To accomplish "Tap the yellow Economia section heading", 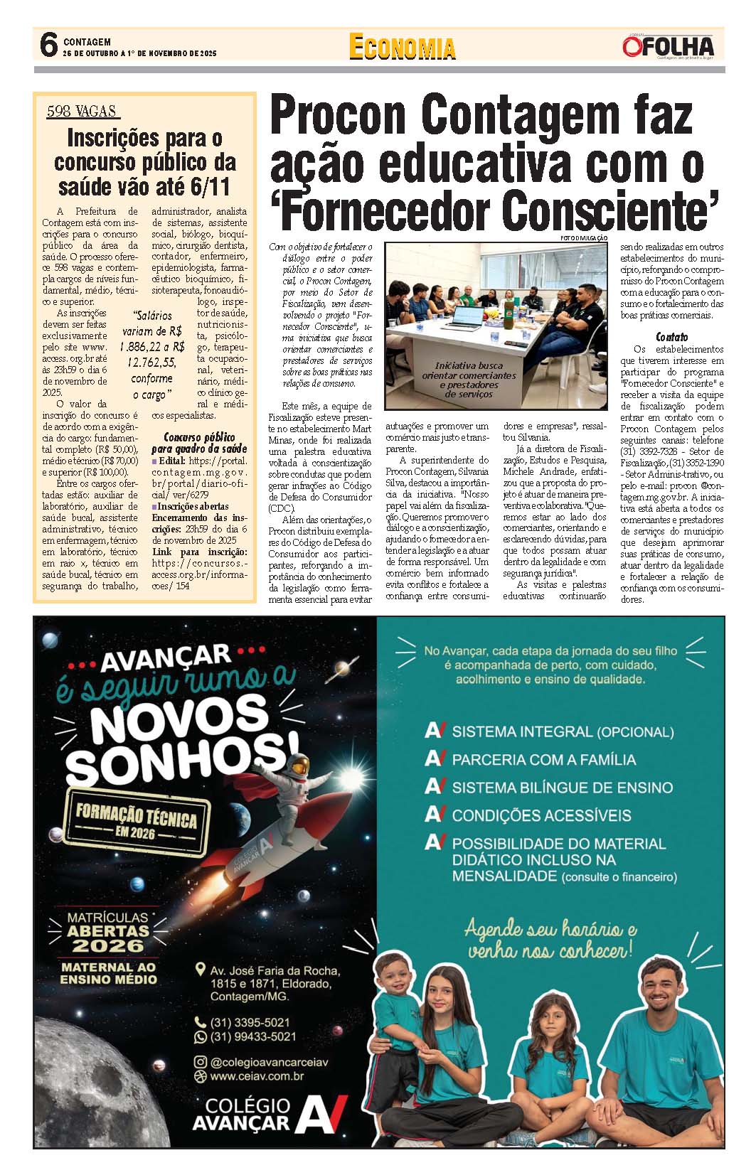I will coord(402,47).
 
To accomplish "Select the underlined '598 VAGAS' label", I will coord(83,112).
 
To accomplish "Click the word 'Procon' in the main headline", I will coord(338,114).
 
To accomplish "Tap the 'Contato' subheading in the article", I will coord(671,337).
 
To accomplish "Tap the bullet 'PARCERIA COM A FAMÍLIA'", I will coord(543,759).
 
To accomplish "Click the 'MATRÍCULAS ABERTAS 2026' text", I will coord(108,932).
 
